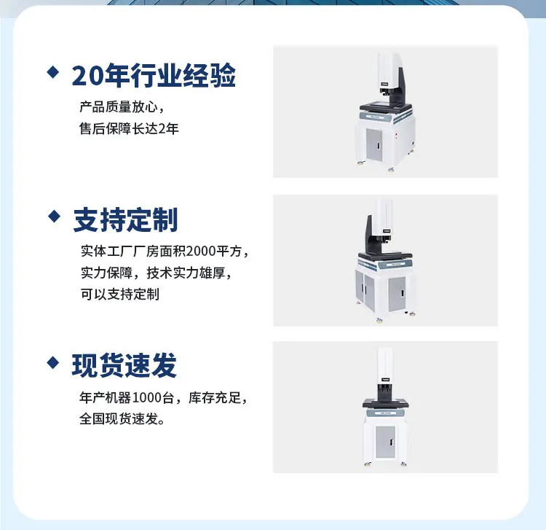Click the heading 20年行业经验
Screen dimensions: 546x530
point(154,75)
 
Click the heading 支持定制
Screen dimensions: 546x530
point(125,219)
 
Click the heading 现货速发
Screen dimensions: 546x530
point(124,365)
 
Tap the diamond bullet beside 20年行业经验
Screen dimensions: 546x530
point(53,72)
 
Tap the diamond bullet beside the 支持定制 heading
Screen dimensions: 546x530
point(55,217)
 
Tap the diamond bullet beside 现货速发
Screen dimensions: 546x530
point(53,362)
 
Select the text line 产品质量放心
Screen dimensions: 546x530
point(119,107)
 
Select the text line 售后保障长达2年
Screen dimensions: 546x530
point(129,128)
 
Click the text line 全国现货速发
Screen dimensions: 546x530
point(122,418)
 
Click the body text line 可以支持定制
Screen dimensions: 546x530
point(120,295)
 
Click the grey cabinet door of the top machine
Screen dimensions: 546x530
point(374,144)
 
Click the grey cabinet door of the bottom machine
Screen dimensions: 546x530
point(386,442)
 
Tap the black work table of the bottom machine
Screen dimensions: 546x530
point(385,403)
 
